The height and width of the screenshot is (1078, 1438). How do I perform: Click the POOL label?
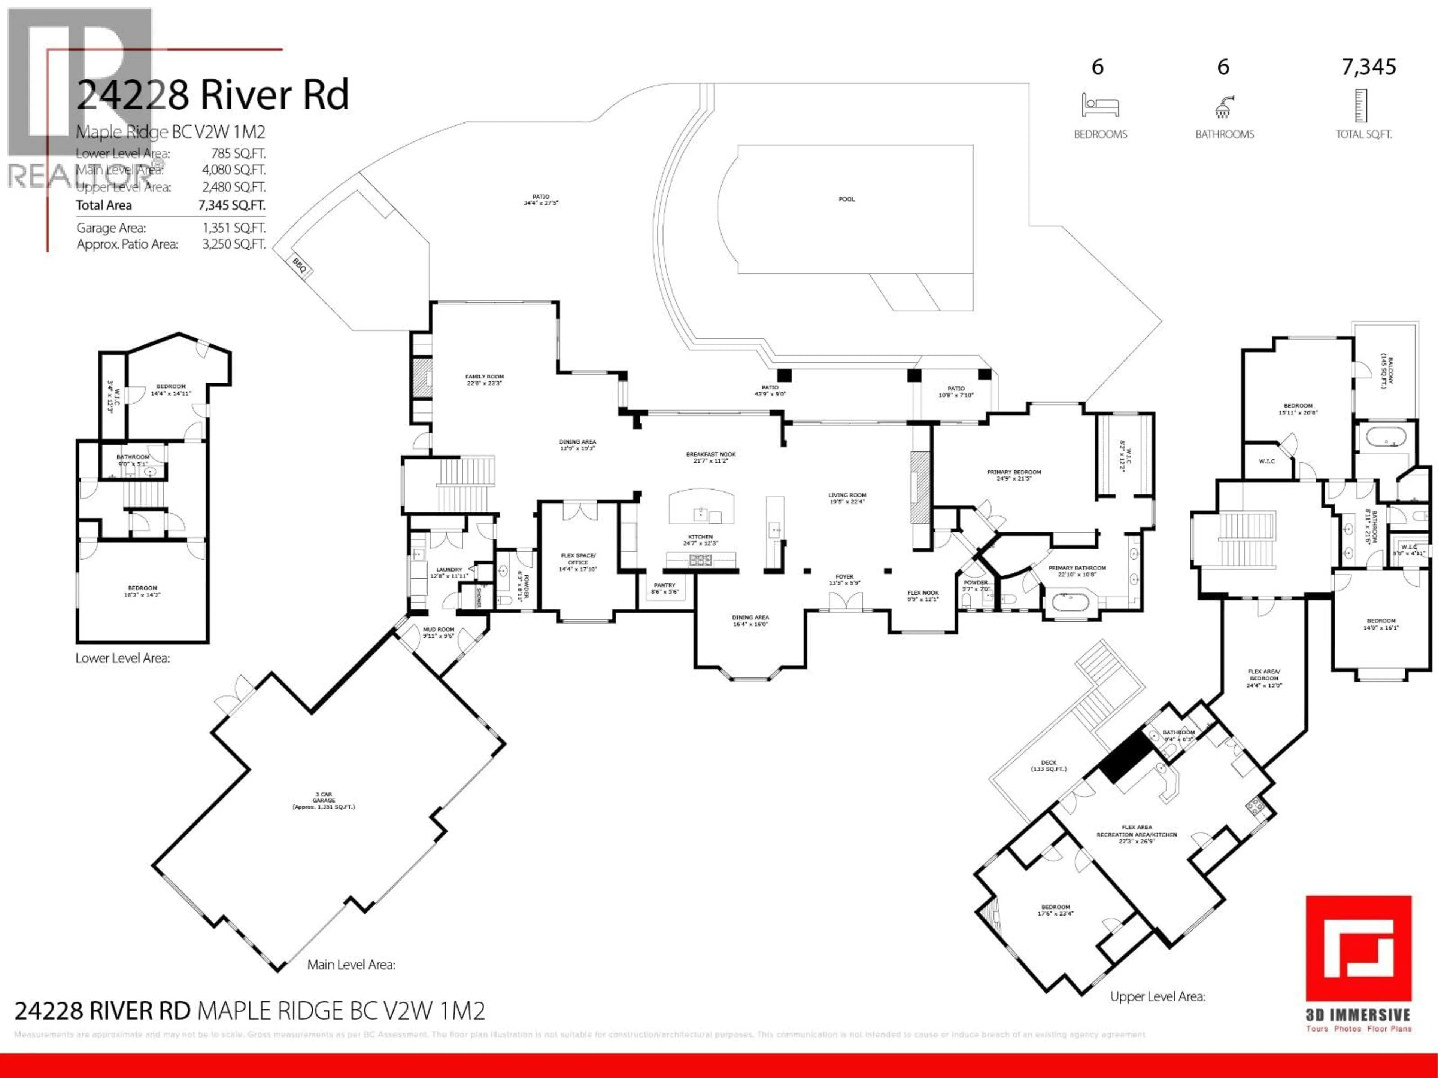click(x=846, y=199)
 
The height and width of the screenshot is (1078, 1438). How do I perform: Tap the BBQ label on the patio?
click(x=299, y=265)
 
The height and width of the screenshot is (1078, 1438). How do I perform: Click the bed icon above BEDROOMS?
click(x=1100, y=105)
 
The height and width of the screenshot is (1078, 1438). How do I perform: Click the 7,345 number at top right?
click(x=1368, y=67)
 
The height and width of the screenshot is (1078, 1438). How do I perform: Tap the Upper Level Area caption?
click(x=1157, y=996)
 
